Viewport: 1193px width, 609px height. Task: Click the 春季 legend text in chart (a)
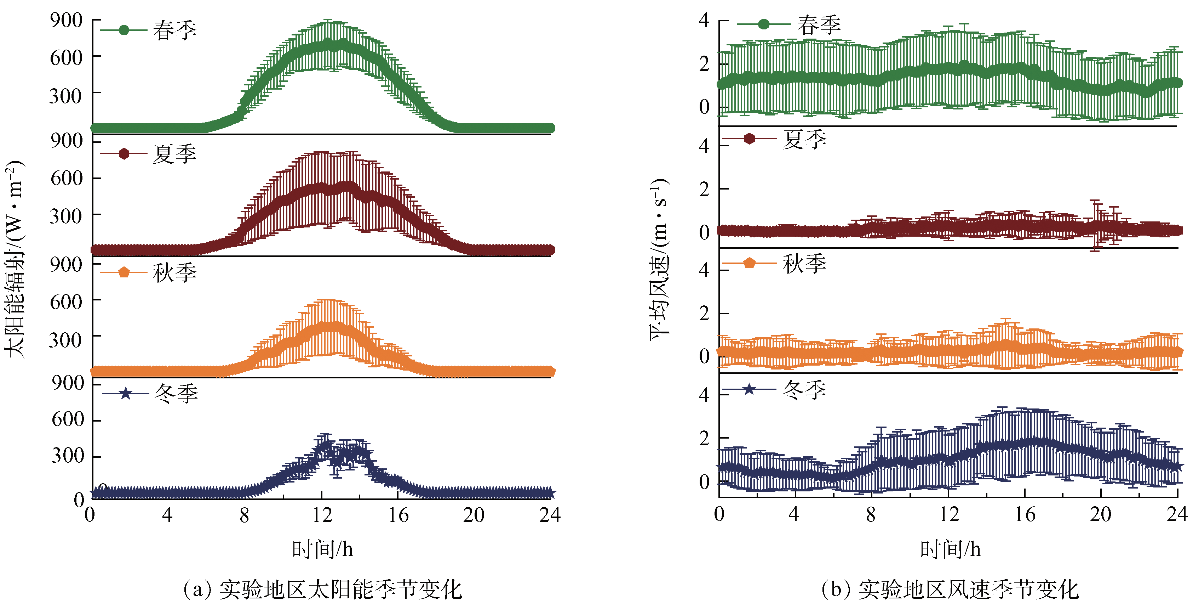tap(174, 30)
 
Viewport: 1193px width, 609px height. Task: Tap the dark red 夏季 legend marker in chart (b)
tap(749, 139)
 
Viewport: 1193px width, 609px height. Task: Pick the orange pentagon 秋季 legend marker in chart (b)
tap(749, 263)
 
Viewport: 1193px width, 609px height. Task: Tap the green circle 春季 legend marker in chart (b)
tap(764, 24)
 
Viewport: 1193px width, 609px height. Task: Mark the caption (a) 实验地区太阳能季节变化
tap(322, 590)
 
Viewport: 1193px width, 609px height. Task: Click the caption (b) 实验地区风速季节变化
tap(950, 590)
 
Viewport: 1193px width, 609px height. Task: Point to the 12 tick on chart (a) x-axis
tap(322, 515)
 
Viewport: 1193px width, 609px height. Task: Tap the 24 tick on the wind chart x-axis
tap(1176, 514)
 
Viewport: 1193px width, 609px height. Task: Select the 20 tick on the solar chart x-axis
tap(473, 515)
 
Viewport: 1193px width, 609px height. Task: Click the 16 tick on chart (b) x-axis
tap(1025, 514)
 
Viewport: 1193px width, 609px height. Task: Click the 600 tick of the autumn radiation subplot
tap(66, 302)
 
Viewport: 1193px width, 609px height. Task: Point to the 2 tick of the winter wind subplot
tap(704, 438)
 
